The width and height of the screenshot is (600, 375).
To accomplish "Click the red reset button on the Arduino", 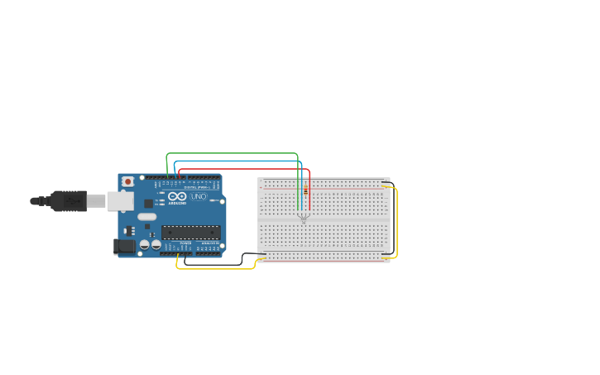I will (x=127, y=181).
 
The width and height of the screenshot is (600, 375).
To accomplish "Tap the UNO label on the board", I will (x=199, y=197).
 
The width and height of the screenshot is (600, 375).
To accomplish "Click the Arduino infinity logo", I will (x=177, y=197).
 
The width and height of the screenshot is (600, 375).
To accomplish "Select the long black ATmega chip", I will (x=190, y=233).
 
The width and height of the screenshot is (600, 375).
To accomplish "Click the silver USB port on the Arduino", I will (x=120, y=201).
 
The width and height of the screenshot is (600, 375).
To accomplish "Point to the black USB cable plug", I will (x=69, y=201).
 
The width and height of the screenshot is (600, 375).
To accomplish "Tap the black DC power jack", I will (x=124, y=246).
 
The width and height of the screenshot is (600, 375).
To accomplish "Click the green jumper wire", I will (x=232, y=153).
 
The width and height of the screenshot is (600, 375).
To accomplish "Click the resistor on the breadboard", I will (x=305, y=191).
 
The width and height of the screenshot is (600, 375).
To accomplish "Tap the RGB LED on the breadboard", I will (x=304, y=218).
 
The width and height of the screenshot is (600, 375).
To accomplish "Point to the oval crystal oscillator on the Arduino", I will (x=146, y=217).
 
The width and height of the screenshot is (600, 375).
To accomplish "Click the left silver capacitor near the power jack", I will (x=145, y=245).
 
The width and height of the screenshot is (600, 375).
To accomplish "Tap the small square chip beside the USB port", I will (x=148, y=204).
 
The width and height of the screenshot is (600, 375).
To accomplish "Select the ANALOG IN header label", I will (x=210, y=243).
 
